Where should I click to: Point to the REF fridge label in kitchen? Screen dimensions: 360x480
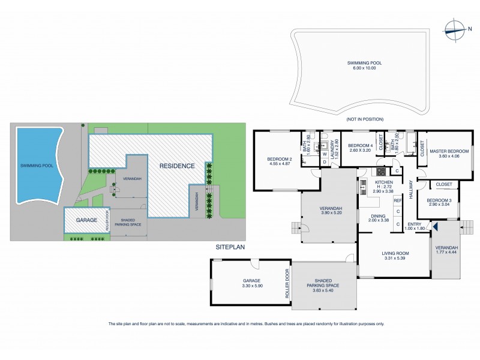(397, 200)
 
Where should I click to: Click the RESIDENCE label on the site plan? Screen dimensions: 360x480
(178, 166)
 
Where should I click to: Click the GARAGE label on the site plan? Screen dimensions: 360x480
(86, 221)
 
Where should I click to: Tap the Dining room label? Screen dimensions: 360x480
(377, 217)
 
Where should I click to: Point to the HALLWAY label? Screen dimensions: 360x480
(410, 191)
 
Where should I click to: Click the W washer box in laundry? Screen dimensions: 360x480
(325, 154)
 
